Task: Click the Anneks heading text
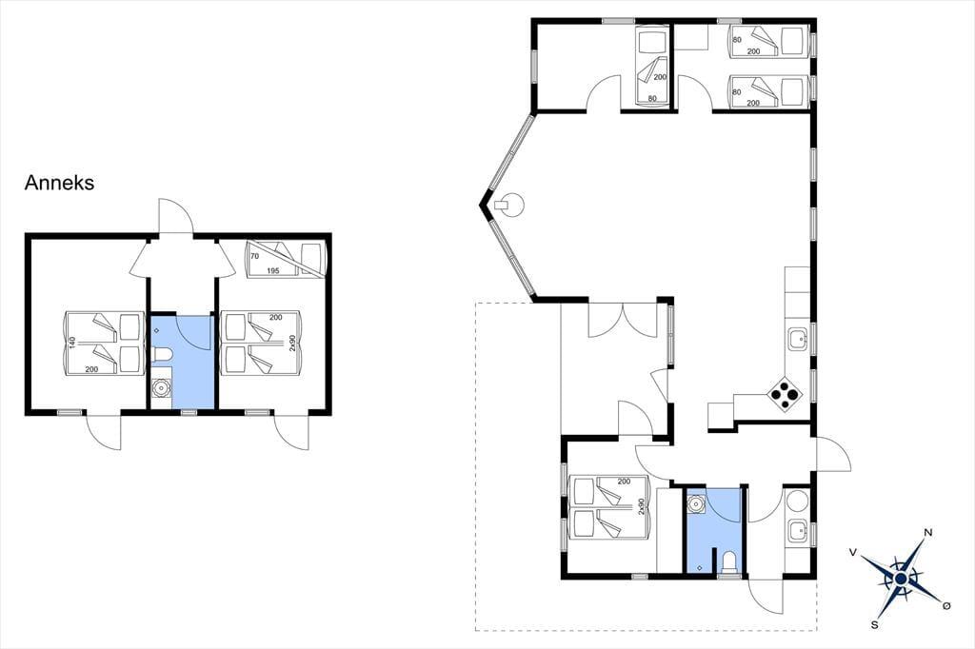click(60, 183)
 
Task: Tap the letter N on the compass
click(928, 532)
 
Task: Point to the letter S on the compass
click(874, 625)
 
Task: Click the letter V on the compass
click(853, 552)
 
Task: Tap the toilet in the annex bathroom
click(161, 355)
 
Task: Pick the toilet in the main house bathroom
click(728, 562)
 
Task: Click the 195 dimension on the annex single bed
click(272, 270)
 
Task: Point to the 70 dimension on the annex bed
click(254, 256)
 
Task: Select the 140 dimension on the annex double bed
click(72, 342)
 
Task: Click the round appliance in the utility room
click(797, 501)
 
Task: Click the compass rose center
click(900, 580)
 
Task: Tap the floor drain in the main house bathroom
click(700, 567)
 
